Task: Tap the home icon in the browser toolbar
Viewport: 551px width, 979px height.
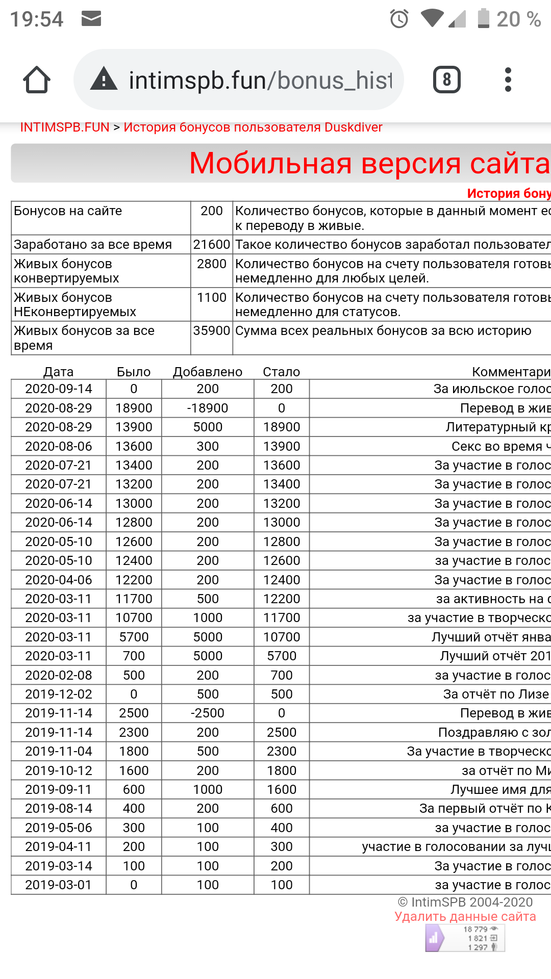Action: pos(37,80)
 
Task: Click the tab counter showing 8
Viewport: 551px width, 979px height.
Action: pos(447,80)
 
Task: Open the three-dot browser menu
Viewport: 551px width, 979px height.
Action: pos(508,80)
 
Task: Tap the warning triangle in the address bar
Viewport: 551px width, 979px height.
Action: pos(104,80)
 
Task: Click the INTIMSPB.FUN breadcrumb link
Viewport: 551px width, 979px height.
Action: pos(65,127)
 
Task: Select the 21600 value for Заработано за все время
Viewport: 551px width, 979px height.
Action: pos(211,244)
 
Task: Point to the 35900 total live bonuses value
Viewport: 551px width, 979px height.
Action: pos(211,331)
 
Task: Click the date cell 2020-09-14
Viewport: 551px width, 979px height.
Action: pos(59,389)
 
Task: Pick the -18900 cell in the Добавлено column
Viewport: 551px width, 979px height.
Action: pos(208,408)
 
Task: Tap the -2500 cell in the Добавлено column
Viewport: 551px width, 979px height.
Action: pos(208,713)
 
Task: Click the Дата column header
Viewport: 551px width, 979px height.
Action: pos(59,372)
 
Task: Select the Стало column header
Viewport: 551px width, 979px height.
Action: pos(281,372)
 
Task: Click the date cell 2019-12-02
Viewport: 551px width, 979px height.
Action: pos(59,694)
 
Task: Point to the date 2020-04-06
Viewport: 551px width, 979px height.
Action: pos(59,580)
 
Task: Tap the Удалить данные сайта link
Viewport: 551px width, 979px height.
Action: pos(465,916)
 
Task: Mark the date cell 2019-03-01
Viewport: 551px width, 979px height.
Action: pos(59,885)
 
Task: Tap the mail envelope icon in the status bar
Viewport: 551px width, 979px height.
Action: pos(91,19)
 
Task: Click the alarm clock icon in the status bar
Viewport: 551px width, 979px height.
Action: pos(399,19)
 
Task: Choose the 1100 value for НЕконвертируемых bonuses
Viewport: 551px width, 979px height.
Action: pos(211,297)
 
